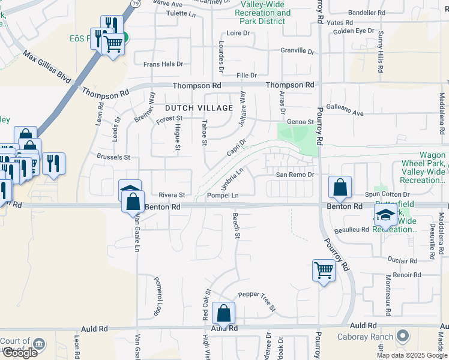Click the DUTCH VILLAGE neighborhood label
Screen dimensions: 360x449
199,108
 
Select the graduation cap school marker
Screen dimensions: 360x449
385,217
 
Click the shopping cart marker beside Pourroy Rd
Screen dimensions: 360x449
324,270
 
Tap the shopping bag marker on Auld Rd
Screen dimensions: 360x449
223,313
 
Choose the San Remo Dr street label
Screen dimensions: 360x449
295,174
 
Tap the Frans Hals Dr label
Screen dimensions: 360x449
163,64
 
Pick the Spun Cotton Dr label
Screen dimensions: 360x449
388,194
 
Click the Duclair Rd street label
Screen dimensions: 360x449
402,261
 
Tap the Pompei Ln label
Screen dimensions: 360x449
223,196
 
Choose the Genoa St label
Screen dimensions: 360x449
301,122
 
